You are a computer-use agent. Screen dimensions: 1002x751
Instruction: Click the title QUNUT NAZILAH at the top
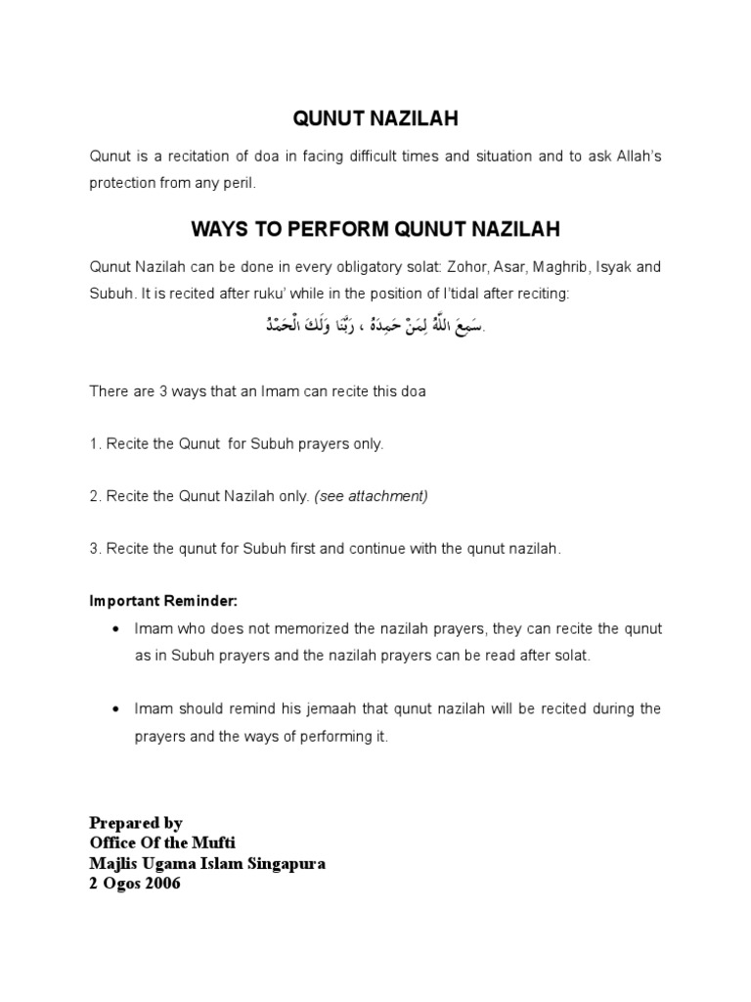(376, 118)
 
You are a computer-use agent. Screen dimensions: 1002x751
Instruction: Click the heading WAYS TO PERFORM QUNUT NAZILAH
(376, 230)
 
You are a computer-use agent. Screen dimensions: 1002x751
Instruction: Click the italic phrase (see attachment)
(371, 496)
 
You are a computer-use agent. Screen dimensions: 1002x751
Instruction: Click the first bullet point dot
(117, 627)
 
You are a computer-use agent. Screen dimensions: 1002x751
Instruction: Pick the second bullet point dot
(117, 708)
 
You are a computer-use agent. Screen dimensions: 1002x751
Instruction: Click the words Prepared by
(136, 823)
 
